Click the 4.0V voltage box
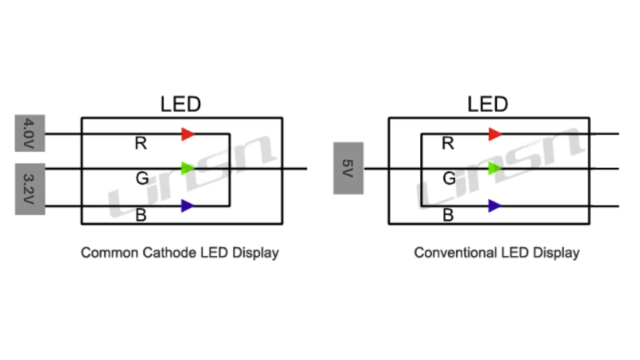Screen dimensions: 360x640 tap(30, 133)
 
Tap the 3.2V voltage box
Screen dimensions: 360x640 tap(30, 189)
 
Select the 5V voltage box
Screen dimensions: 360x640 tap(348, 168)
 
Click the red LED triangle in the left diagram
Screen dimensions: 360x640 tap(187, 134)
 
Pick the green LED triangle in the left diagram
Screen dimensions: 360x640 tap(187, 168)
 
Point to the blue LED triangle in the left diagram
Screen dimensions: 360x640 tap(187, 206)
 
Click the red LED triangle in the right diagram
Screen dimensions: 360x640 tap(494, 134)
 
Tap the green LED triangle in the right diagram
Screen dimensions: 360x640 tap(494, 168)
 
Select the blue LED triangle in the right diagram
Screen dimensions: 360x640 tap(494, 206)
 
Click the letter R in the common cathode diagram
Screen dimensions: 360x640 tap(141, 144)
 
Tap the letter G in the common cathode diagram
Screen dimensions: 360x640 tap(141, 178)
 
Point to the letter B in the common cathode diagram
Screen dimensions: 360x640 tap(141, 214)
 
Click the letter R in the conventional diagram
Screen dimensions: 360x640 tap(448, 144)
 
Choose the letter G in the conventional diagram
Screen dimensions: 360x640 tap(448, 178)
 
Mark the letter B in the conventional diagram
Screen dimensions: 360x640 tap(448, 214)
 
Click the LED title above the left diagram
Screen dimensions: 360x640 tap(181, 105)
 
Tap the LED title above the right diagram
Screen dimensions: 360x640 tap(488, 105)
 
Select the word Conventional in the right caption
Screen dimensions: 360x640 tap(455, 253)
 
